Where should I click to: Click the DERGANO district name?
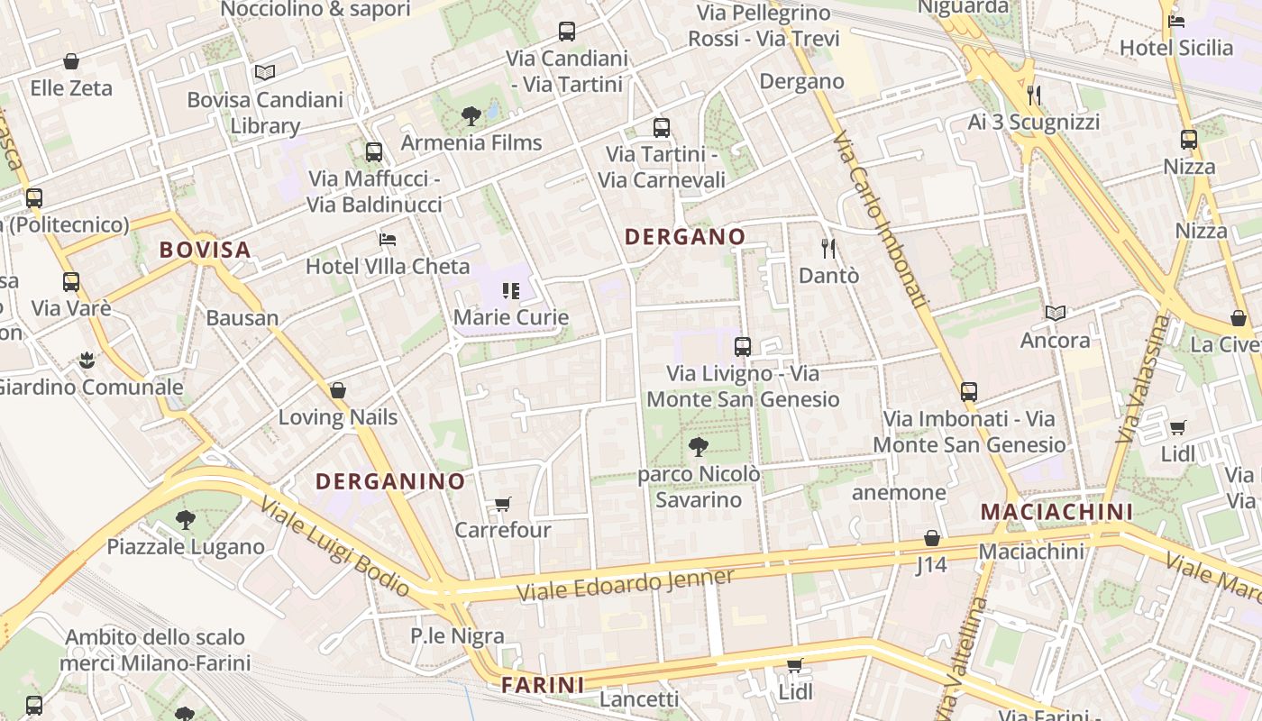pyautogui.click(x=685, y=237)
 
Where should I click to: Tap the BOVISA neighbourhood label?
pyautogui.click(x=205, y=250)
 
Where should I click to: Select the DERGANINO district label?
pyautogui.click(x=390, y=481)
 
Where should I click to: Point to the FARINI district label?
pyautogui.click(x=543, y=685)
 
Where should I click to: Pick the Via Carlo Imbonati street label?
pyautogui.click(x=882, y=221)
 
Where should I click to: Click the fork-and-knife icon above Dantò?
pyautogui.click(x=828, y=248)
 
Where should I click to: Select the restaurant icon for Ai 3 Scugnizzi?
pyautogui.click(x=1034, y=95)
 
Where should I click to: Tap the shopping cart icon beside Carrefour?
pyautogui.click(x=503, y=504)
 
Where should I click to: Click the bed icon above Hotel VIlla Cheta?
pyautogui.click(x=388, y=240)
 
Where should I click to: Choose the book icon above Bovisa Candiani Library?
pyautogui.click(x=264, y=72)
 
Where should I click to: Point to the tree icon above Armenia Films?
pyautogui.click(x=471, y=115)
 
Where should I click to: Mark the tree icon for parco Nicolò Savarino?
pyautogui.click(x=698, y=446)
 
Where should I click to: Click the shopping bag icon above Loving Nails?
pyautogui.click(x=338, y=390)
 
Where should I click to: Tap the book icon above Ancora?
pyautogui.click(x=1055, y=313)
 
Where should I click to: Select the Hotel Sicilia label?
pyautogui.click(x=1175, y=47)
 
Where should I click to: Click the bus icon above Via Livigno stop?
pyautogui.click(x=743, y=346)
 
